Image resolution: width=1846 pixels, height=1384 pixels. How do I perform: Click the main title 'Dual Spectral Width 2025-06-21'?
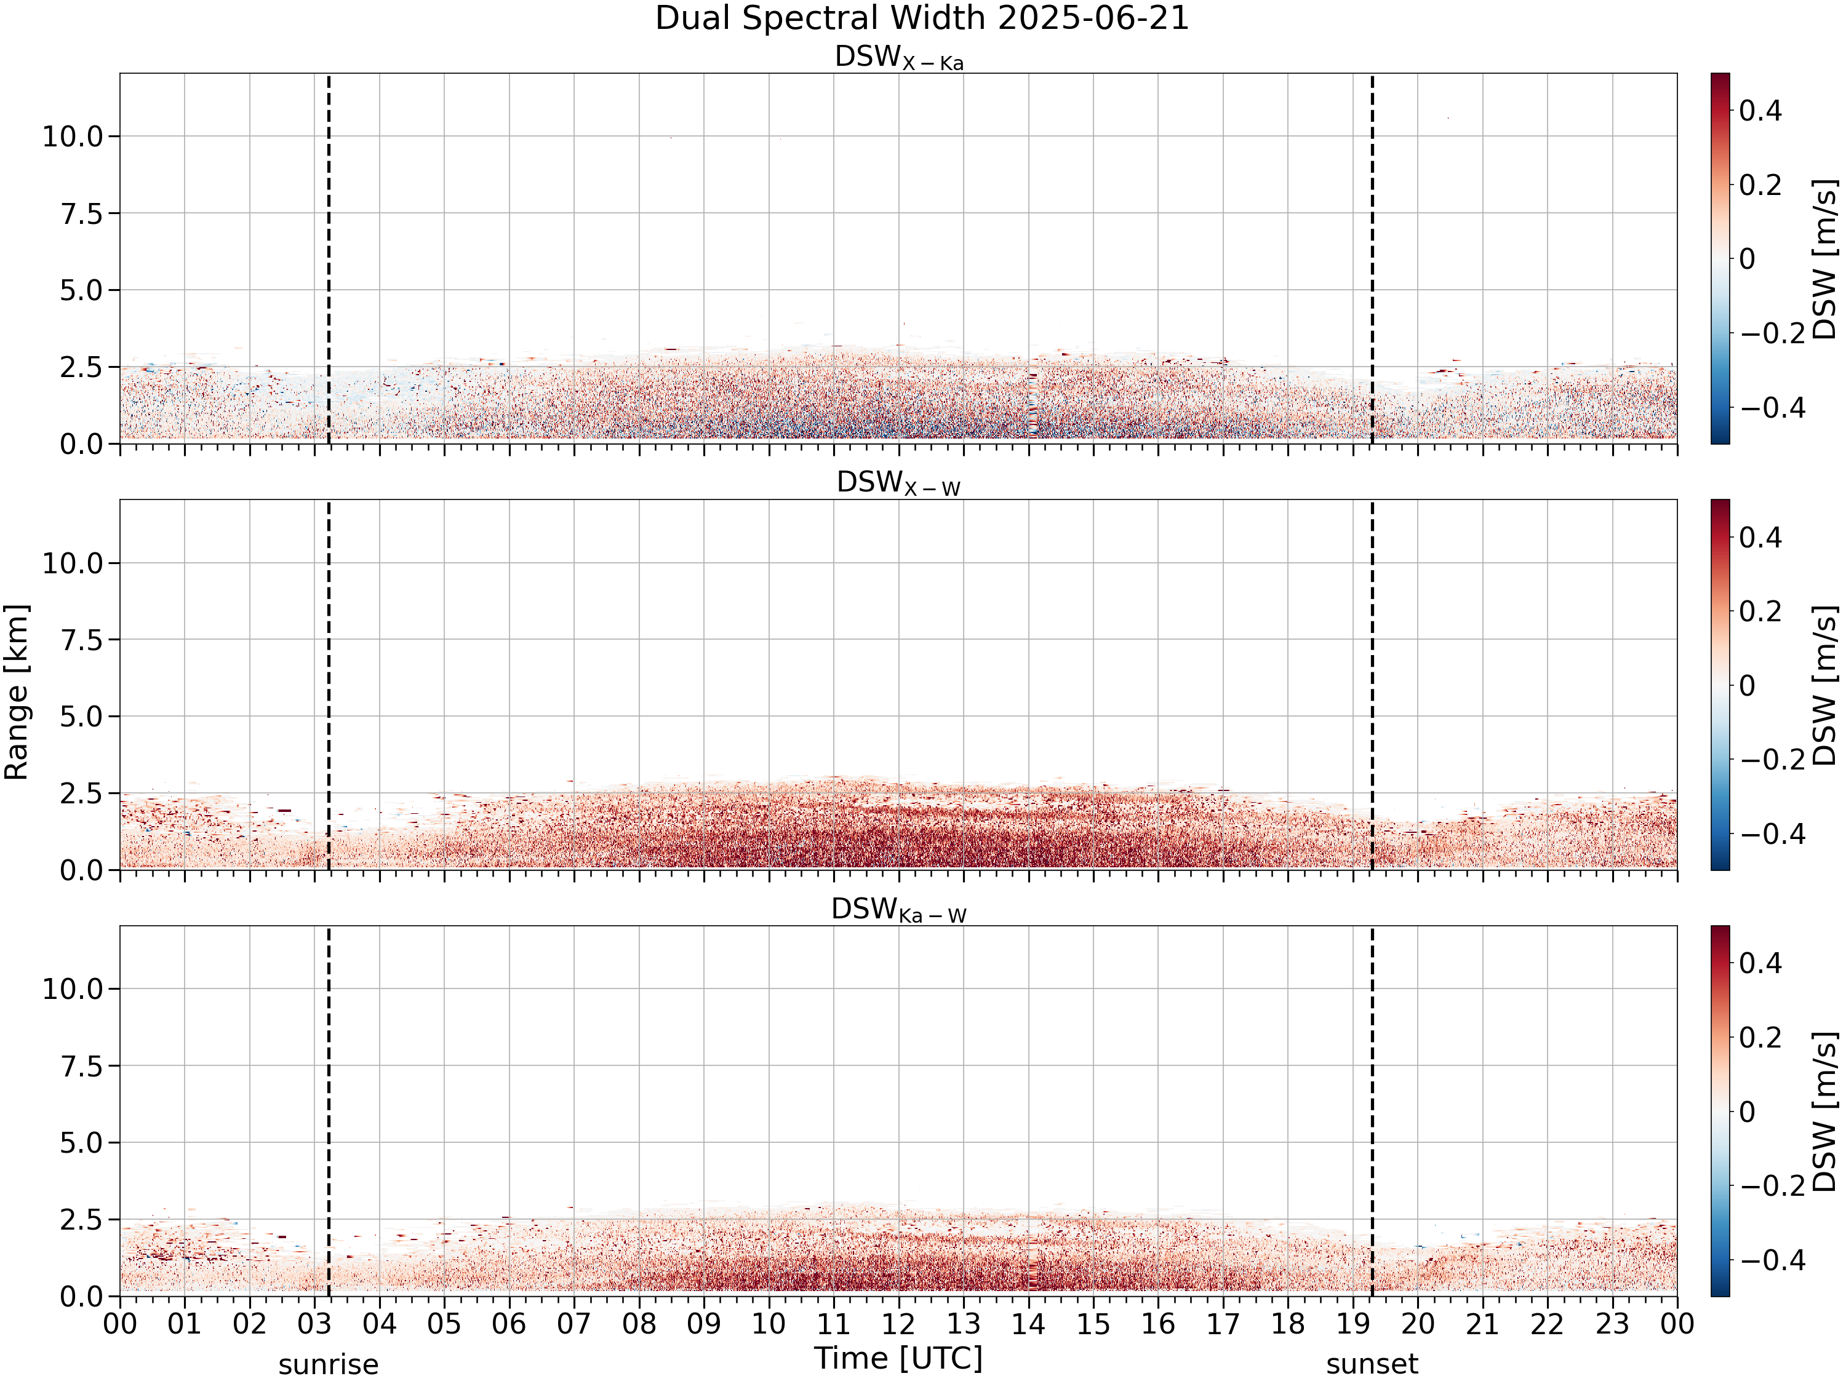(922, 18)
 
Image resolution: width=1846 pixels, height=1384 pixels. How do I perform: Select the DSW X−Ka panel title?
(899, 58)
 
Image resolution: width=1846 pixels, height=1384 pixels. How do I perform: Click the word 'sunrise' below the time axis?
(329, 1366)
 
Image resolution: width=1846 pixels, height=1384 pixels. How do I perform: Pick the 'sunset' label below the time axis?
(1372, 1366)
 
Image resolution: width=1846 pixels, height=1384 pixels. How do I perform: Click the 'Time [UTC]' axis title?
(899, 1359)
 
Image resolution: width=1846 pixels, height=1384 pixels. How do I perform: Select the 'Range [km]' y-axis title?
(17, 693)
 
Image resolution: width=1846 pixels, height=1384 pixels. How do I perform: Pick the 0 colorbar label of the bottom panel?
(1748, 1112)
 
